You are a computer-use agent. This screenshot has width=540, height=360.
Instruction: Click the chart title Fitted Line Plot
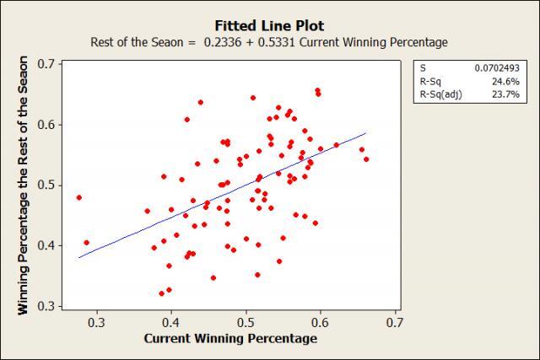pyautogui.click(x=269, y=25)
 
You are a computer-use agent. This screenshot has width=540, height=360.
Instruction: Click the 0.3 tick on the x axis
pyautogui.click(x=97, y=322)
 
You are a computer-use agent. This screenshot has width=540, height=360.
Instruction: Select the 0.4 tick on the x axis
pyautogui.click(x=171, y=322)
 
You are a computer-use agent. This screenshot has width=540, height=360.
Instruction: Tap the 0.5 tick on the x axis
pyautogui.click(x=246, y=322)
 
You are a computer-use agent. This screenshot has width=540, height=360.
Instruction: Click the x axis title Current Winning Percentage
pyautogui.click(x=230, y=339)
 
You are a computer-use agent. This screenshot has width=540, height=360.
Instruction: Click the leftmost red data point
pyautogui.click(x=79, y=198)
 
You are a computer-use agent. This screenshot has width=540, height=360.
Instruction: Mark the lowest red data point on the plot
pyautogui.click(x=161, y=293)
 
